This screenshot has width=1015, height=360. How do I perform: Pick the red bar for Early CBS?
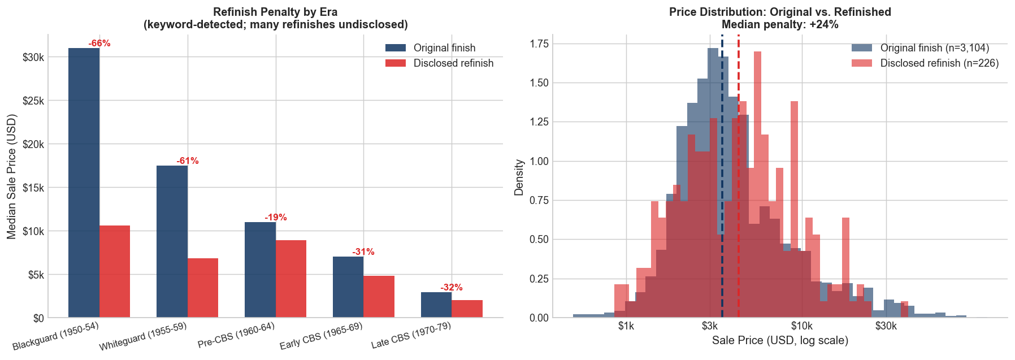[x=379, y=296]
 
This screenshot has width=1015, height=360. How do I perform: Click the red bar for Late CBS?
[x=467, y=309]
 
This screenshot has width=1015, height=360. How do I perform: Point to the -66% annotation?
[x=99, y=44]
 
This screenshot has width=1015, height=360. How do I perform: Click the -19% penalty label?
[x=276, y=218]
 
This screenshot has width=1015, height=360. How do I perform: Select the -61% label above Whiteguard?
[x=188, y=161]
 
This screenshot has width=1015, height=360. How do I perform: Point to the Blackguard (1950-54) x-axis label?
[x=55, y=337]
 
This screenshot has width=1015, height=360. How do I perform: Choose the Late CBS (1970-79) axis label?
[x=411, y=336]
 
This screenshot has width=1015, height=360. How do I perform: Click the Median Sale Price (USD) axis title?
[x=12, y=176]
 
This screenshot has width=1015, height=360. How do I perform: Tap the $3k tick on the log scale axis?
[x=710, y=326]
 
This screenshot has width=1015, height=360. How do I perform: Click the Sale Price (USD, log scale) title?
[x=780, y=341]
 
